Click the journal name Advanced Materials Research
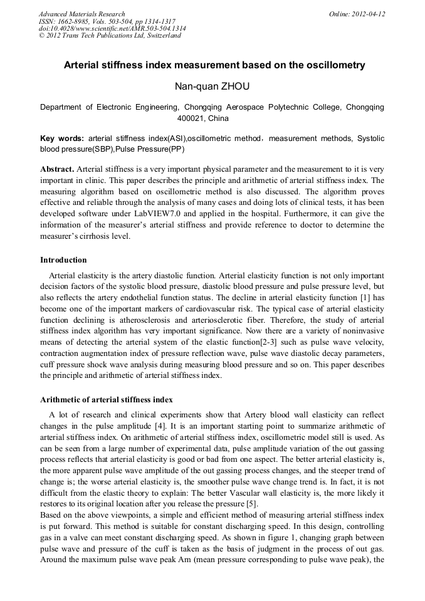coord(81,14)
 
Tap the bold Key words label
coord(61,138)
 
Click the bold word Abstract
coord(57,169)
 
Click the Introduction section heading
coord(63,259)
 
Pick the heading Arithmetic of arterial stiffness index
coord(107,399)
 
